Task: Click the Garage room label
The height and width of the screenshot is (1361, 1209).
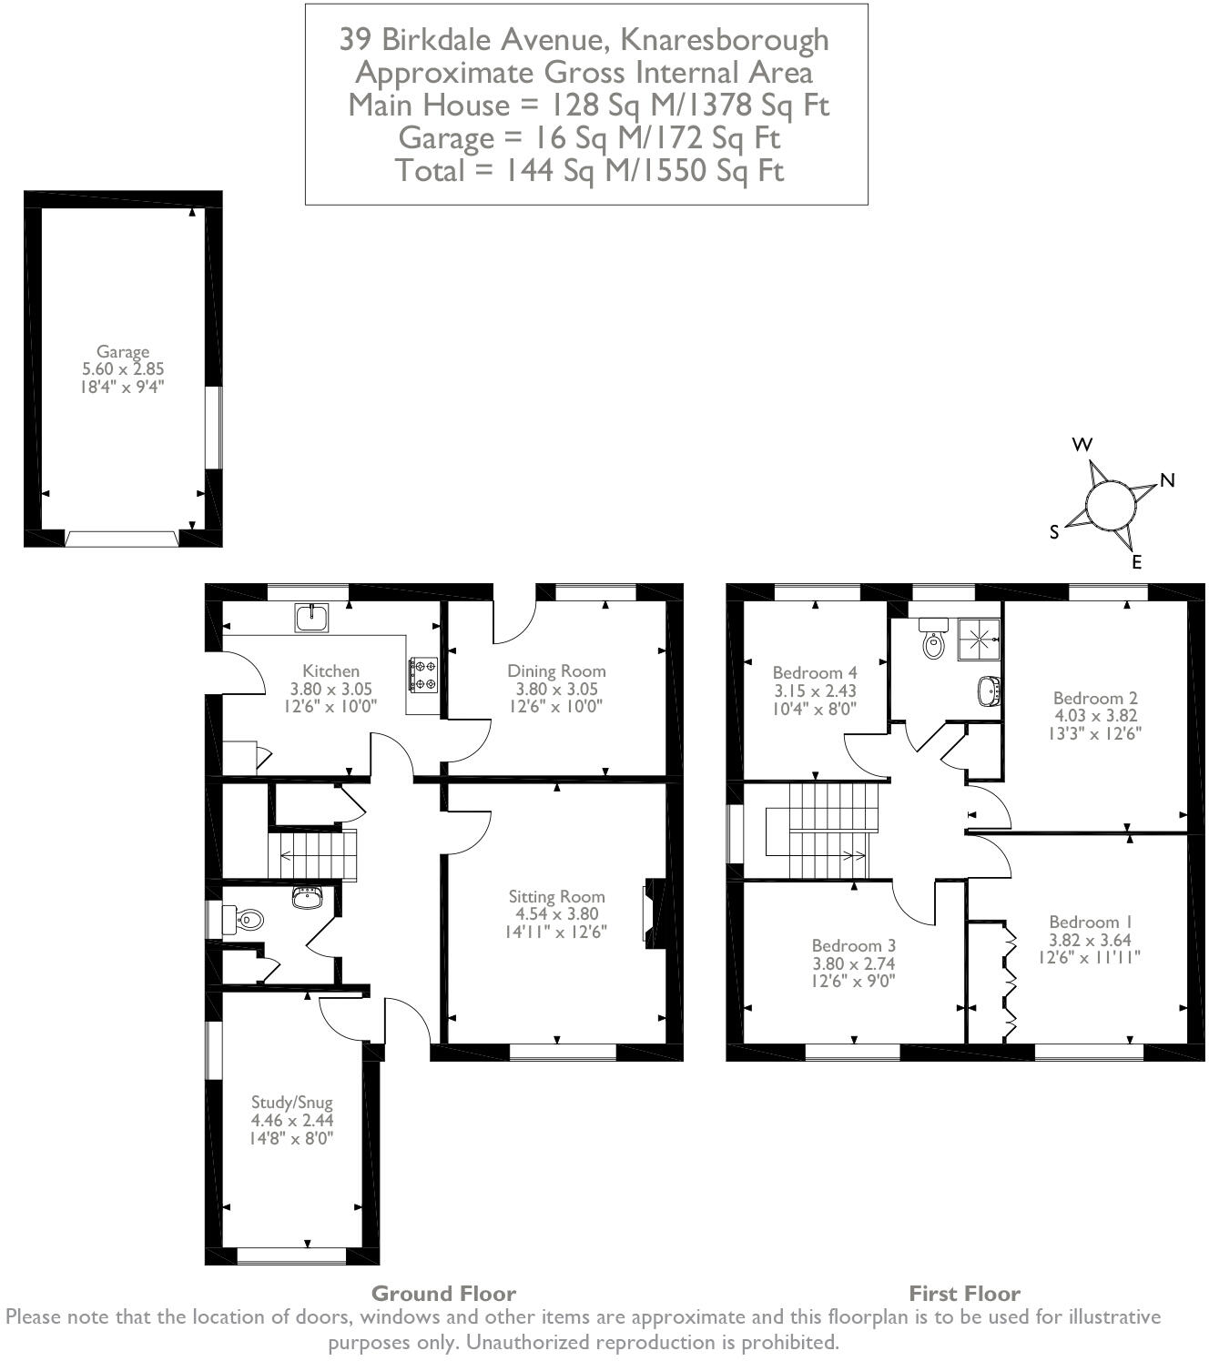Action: pyautogui.click(x=123, y=351)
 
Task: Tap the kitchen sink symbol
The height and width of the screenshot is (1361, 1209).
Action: pyautogui.click(x=311, y=618)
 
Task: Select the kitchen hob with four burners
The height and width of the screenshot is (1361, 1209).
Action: pyautogui.click(x=423, y=675)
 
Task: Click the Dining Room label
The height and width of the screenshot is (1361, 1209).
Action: pyautogui.click(x=556, y=670)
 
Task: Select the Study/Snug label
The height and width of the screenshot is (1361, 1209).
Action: pyautogui.click(x=292, y=1103)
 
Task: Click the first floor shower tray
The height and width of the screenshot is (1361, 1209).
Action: pyautogui.click(x=979, y=639)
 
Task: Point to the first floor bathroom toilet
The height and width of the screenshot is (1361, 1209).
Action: pyautogui.click(x=933, y=639)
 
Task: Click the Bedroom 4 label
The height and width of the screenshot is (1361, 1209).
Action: pyautogui.click(x=814, y=672)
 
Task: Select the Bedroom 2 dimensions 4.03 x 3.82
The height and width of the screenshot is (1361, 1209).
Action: pyautogui.click(x=1094, y=715)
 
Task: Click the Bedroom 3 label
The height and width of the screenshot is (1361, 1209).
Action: pyautogui.click(x=853, y=946)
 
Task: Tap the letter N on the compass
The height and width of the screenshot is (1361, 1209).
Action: pyautogui.click(x=1167, y=480)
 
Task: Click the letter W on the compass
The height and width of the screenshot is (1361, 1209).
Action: pyautogui.click(x=1082, y=444)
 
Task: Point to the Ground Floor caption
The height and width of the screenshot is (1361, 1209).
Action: pyautogui.click(x=443, y=1293)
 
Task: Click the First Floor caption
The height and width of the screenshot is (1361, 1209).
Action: pyautogui.click(x=964, y=1293)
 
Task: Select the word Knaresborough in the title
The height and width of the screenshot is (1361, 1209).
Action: pyautogui.click(x=724, y=40)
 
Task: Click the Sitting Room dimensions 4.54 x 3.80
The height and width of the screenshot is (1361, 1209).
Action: pyautogui.click(x=556, y=913)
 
